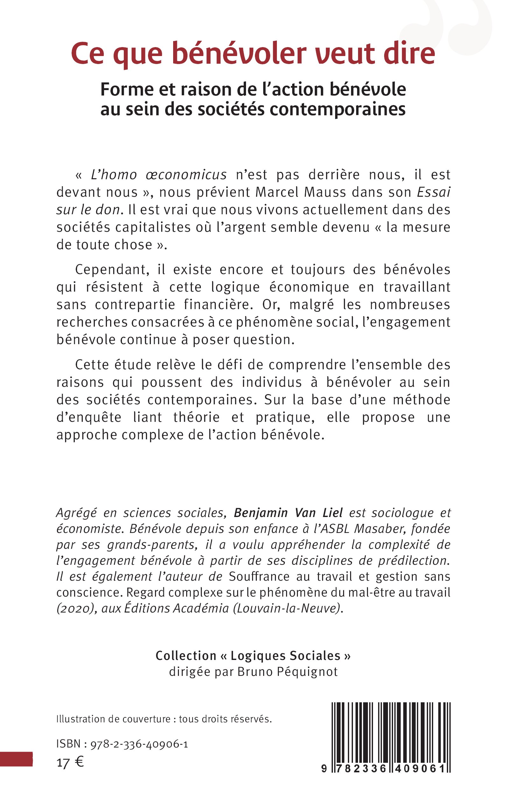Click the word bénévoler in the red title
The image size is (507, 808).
[239, 54]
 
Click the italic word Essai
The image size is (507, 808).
[433, 193]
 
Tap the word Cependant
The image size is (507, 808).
[110, 270]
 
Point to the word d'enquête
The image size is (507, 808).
[89, 418]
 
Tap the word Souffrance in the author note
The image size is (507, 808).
[259, 577]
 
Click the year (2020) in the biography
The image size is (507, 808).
[75, 608]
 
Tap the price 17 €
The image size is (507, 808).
[70, 763]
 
